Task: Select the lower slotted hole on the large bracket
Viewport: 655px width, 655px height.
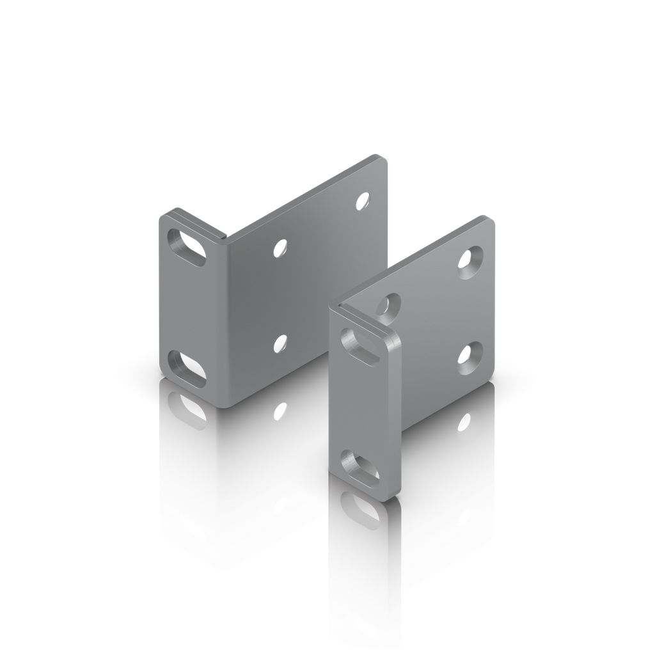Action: pyautogui.click(x=186, y=368)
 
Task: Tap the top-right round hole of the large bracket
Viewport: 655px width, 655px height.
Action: pyautogui.click(x=363, y=201)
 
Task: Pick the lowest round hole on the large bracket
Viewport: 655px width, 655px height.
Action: pyautogui.click(x=280, y=343)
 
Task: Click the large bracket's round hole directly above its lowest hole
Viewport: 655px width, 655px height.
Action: pyautogui.click(x=279, y=248)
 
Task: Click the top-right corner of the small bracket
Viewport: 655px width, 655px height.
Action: pyautogui.click(x=493, y=219)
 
